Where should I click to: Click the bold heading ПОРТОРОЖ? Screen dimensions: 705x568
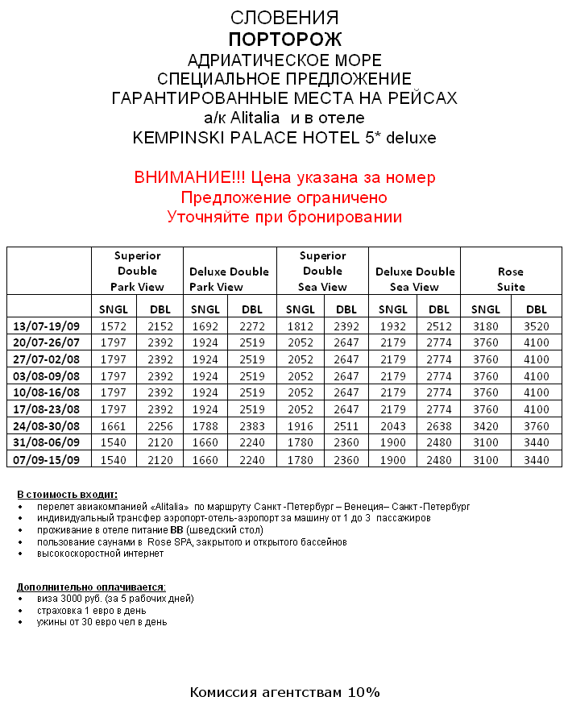pyautogui.click(x=284, y=39)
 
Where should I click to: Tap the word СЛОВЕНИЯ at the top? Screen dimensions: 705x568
pyautogui.click(x=284, y=18)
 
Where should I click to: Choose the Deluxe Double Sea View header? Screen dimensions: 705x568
pyautogui.click(x=415, y=279)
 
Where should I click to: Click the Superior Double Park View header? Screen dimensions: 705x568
pyautogui.click(x=137, y=271)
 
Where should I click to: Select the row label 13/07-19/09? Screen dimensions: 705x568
pyautogui.click(x=48, y=326)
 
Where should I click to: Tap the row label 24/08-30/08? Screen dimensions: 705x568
pyautogui.click(x=48, y=425)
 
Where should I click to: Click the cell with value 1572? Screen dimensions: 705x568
pyautogui.click(x=114, y=326)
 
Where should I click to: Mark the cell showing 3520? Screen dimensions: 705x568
pyautogui.click(x=536, y=326)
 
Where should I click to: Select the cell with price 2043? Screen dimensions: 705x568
pyautogui.click(x=392, y=425)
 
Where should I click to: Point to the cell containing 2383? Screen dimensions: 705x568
pyautogui.click(x=252, y=425)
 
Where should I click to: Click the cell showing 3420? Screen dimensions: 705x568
pyautogui.click(x=486, y=425)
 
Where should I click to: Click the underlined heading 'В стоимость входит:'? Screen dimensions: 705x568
pyautogui.click(x=67, y=494)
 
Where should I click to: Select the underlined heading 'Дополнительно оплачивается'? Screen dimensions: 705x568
pyautogui.click(x=91, y=587)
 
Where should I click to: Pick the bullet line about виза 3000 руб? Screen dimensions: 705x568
pyautogui.click(x=115, y=599)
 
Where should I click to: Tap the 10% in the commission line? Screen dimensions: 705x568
pyautogui.click(x=364, y=692)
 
